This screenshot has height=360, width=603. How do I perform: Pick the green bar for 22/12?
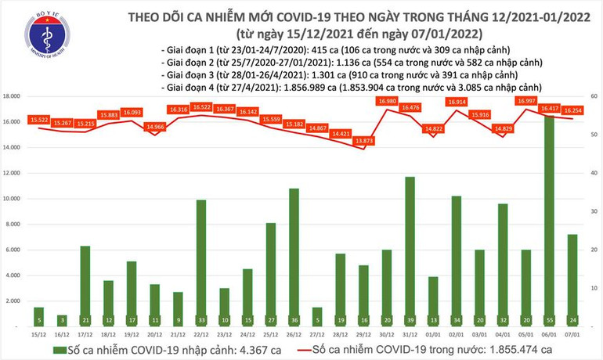pyautogui.click(x=200, y=263)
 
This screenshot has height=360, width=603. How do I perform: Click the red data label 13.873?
pyautogui.click(x=363, y=141)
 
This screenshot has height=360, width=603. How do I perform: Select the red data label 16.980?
pyautogui.click(x=387, y=102)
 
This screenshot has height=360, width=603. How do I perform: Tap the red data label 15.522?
pyautogui.click(x=38, y=119)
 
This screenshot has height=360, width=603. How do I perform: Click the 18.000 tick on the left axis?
pyautogui.click(x=11, y=96)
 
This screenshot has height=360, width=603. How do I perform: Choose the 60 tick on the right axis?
pyautogui.click(x=594, y=96)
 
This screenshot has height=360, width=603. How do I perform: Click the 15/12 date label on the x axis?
pyautogui.click(x=38, y=334)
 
